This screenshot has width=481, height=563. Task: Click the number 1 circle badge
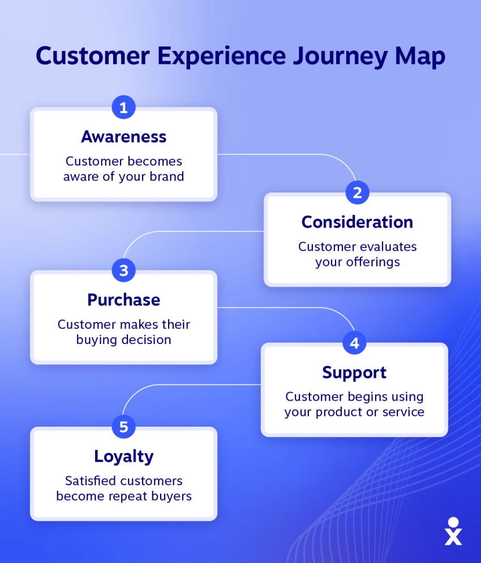[123, 107]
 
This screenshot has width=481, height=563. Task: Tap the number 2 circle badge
[358, 192]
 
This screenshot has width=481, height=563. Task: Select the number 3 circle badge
[123, 270]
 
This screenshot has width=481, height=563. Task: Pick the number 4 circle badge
[355, 342]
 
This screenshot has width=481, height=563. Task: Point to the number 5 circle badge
[123, 427]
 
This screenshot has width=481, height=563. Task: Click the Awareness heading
[123, 137]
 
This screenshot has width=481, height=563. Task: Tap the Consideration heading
[358, 222]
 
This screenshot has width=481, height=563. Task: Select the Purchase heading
[123, 300]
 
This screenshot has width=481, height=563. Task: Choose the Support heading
[354, 373]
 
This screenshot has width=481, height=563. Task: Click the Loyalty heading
[123, 457]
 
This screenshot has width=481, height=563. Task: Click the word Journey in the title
[340, 57]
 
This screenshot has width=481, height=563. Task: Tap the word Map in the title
[420, 57]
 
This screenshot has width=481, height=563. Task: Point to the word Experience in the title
[222, 57]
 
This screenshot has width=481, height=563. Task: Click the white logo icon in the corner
[453, 531]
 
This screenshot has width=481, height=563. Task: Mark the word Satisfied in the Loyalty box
[91, 480]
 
